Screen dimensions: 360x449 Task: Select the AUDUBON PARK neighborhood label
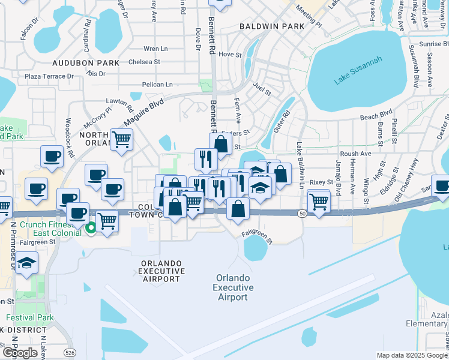77,62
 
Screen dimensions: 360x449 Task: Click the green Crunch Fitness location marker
91,227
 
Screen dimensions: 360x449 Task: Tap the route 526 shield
70,352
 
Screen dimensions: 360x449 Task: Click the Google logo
20,353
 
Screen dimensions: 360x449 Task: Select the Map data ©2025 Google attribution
411,355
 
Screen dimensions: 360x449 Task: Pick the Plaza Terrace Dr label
49,76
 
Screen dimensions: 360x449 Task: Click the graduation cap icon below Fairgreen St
26,263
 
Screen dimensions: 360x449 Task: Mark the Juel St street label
262,89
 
